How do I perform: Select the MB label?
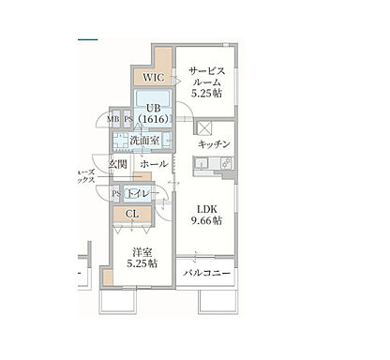pyautogui.click(x=112, y=119)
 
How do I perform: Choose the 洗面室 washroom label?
pyautogui.click(x=144, y=142)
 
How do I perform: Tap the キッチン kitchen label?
pyautogui.click(x=214, y=145)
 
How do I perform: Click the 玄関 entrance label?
pyautogui.click(x=118, y=164)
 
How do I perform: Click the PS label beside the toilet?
pyautogui.click(x=116, y=193)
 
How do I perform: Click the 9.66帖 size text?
pyautogui.click(x=208, y=221)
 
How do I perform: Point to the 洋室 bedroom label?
pyautogui.click(x=142, y=250)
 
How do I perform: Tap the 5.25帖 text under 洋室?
pyautogui.click(x=142, y=263)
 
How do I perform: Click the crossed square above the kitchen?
pyautogui.click(x=203, y=127)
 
